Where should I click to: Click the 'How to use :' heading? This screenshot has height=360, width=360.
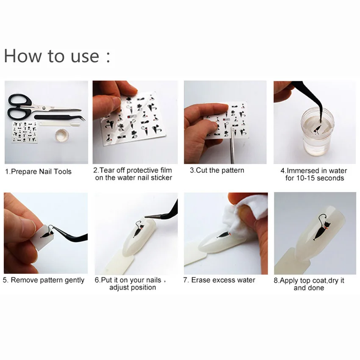click(57, 56)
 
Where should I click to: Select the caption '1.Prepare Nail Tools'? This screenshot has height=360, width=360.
click(38, 172)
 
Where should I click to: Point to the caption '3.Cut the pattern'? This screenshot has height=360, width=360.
click(217, 170)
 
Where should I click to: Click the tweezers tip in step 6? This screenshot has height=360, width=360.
click(146, 216)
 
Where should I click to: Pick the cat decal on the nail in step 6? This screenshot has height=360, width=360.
click(138, 229)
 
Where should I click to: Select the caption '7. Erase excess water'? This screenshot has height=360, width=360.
click(219, 280)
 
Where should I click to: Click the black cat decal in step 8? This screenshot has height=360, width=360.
click(321, 227)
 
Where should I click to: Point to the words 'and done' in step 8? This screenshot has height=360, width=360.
click(309, 288)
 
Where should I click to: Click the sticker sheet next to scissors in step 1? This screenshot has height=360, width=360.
click(25, 132)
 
